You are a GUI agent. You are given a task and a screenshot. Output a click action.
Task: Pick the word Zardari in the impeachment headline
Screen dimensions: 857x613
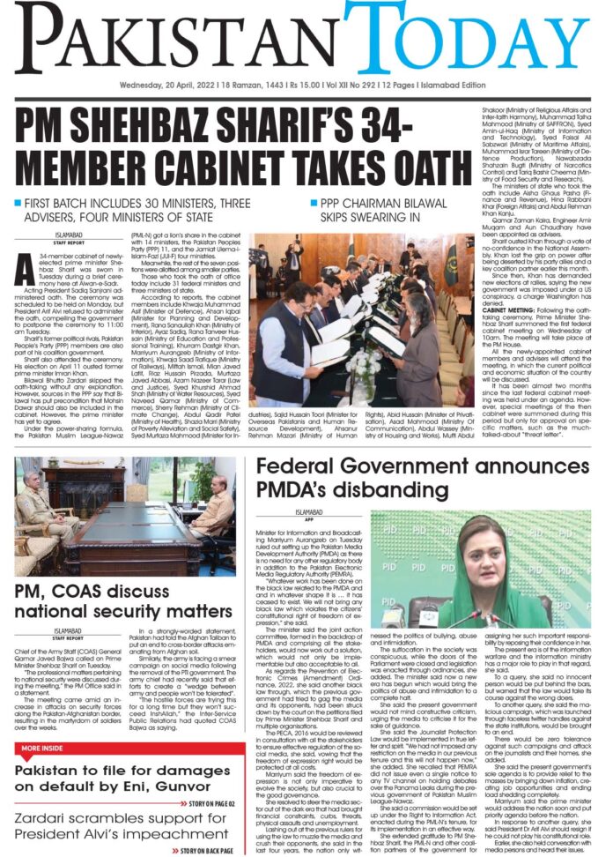tap(48, 814)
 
